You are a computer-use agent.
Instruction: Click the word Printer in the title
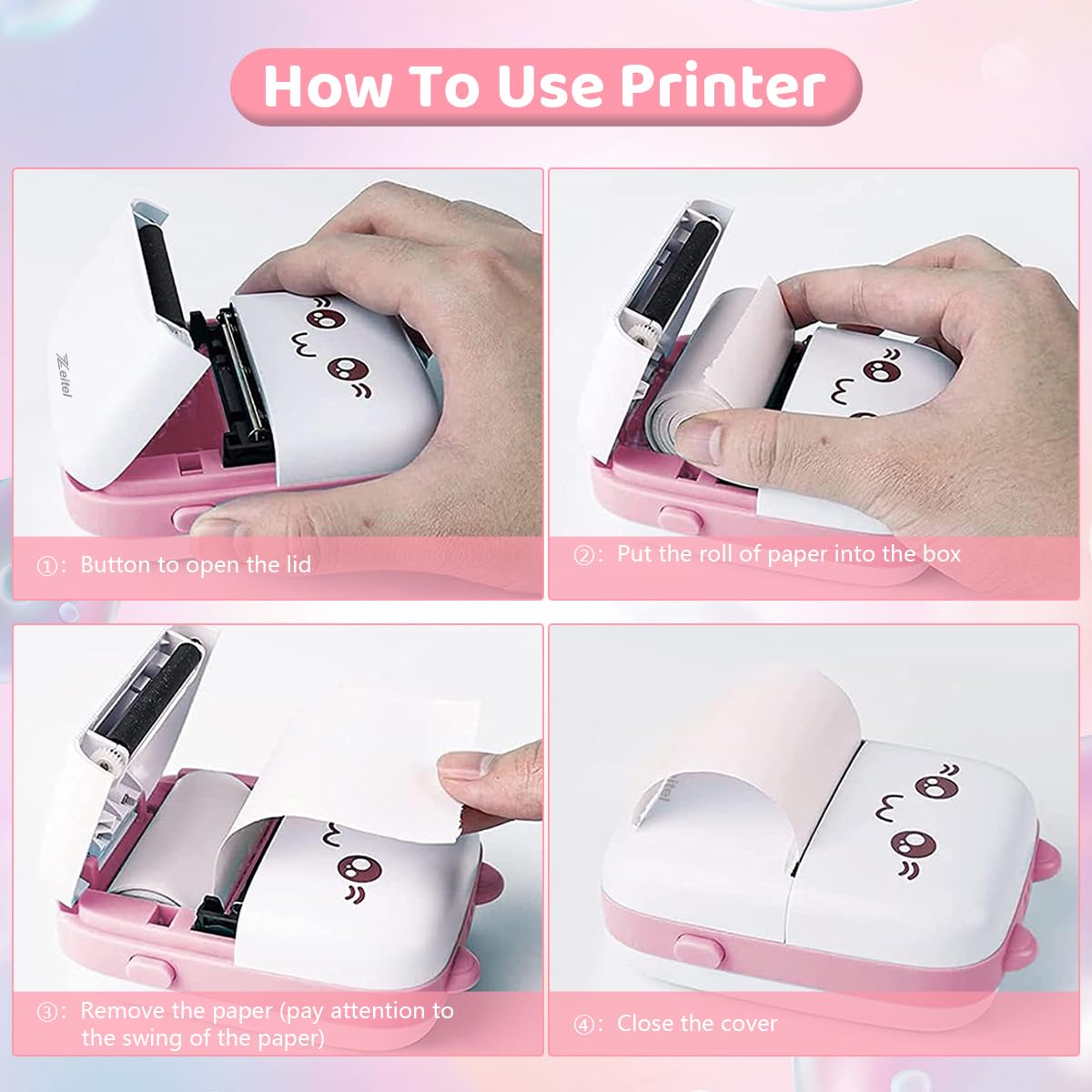click(x=723, y=86)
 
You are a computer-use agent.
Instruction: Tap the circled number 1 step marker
click(x=47, y=566)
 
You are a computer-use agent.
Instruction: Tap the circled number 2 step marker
click(x=584, y=555)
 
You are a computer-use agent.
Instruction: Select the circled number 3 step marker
click(x=47, y=1012)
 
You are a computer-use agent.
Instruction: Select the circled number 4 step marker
click(x=584, y=1025)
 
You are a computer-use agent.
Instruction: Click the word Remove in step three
click(x=122, y=1011)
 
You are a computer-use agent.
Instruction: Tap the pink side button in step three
click(x=151, y=971)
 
